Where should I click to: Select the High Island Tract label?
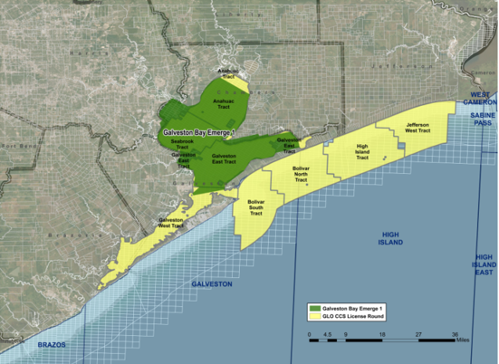click(x=362, y=152)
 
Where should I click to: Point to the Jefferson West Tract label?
click(x=417, y=127)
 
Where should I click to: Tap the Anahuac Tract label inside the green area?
click(x=223, y=103)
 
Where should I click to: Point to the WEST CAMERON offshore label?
click(x=477, y=101)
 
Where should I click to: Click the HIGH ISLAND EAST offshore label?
click(x=485, y=263)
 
